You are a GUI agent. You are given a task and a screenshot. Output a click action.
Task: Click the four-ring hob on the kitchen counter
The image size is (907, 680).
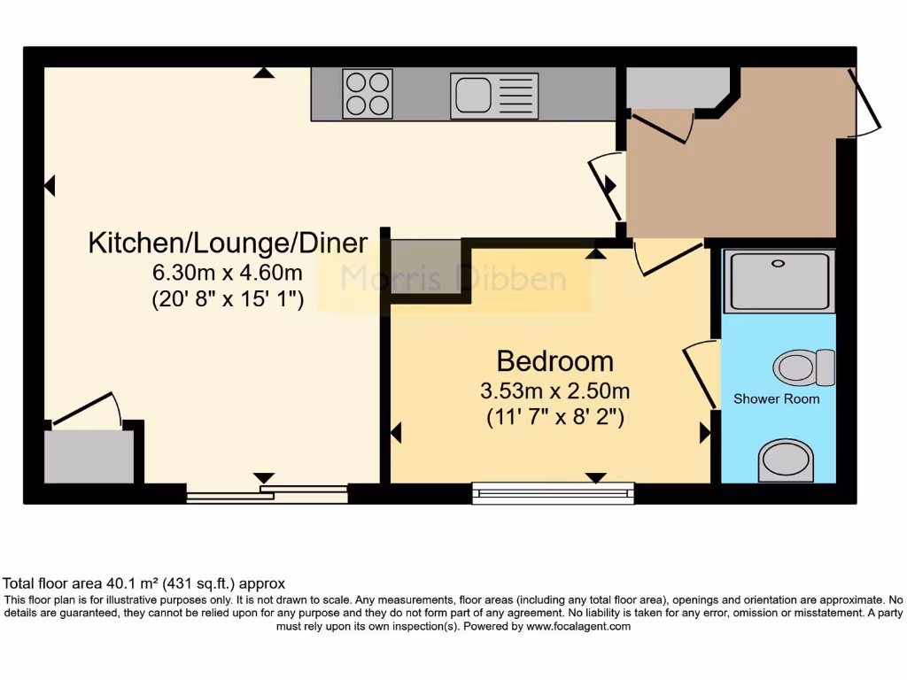point(368,94)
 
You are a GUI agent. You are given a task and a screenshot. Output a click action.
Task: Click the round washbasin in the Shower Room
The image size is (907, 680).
point(786,460)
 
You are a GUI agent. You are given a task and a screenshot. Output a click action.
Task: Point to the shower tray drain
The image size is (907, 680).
point(779,263)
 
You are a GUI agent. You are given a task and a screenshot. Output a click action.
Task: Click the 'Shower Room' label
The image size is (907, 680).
point(776,399)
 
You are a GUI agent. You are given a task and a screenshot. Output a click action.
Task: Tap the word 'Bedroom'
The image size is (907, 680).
point(554,361)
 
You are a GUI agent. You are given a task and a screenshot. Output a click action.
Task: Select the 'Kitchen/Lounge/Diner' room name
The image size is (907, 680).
point(228,243)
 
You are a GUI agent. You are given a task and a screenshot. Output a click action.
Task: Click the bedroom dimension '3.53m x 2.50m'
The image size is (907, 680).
point(555,390)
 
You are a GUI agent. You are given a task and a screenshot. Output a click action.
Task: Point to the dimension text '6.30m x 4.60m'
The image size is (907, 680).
point(228,272)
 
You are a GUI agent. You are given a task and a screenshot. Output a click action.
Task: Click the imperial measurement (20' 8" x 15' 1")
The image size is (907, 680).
point(228,299)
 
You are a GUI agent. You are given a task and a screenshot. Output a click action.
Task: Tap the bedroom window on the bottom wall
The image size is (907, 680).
point(554,492)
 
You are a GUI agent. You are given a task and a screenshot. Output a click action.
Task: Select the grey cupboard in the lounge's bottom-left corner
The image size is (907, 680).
point(89,456)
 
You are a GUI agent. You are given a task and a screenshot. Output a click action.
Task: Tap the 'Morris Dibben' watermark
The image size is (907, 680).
point(453,280)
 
